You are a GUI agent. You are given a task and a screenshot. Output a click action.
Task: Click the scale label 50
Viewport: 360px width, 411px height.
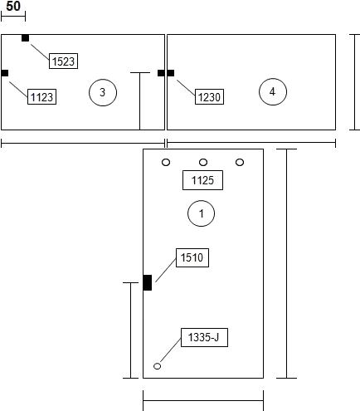(x=13, y=6)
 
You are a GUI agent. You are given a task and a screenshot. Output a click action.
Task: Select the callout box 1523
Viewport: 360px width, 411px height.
(x=63, y=61)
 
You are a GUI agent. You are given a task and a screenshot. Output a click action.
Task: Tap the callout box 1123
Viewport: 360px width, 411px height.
(x=41, y=96)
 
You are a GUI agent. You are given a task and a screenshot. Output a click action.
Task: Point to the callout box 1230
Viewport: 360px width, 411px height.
(x=209, y=96)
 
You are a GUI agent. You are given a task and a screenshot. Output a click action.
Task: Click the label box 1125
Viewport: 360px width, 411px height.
(x=202, y=180)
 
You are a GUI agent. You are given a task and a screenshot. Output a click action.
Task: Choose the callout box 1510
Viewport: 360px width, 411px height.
(x=192, y=257)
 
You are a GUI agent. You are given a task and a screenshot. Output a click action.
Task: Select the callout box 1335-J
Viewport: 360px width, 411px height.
(x=204, y=337)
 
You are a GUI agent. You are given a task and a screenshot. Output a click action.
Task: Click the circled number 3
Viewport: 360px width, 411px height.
(x=103, y=92)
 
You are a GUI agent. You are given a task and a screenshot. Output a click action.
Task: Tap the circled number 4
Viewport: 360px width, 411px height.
(x=273, y=91)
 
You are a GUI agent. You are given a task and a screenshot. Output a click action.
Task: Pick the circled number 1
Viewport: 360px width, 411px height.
(x=201, y=213)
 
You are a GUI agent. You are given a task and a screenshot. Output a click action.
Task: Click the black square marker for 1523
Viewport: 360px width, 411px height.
(x=25, y=38)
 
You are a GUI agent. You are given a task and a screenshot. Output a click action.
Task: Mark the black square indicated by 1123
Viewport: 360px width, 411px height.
(x=5, y=73)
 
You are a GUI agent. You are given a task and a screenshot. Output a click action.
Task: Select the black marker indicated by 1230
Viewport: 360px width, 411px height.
(x=171, y=73)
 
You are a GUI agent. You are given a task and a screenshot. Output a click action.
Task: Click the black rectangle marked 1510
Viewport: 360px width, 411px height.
(x=148, y=282)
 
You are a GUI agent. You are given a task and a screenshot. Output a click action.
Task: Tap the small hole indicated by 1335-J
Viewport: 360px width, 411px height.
(x=157, y=366)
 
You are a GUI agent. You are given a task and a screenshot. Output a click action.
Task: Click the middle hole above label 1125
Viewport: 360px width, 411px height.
(x=203, y=162)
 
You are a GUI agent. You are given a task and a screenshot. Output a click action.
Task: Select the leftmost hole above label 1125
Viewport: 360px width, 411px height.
(x=166, y=162)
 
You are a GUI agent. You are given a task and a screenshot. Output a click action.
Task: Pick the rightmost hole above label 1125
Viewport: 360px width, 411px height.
(x=240, y=162)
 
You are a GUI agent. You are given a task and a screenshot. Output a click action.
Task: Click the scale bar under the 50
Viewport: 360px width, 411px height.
(x=13, y=17)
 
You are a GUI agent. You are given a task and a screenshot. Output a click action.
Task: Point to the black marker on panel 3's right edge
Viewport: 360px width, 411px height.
(x=161, y=73)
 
